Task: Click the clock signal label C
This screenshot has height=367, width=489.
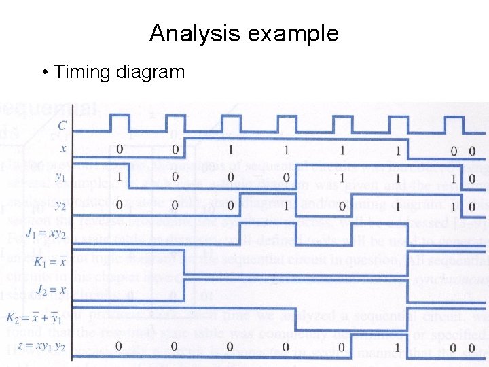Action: coord(62,125)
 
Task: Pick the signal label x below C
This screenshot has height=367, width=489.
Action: coord(62,149)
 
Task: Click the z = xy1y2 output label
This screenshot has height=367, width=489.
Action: coord(45,347)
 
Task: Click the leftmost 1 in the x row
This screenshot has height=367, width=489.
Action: coord(230,150)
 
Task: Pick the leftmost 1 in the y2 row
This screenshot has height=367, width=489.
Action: coord(287,205)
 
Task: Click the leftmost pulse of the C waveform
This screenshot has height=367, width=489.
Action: coord(120,122)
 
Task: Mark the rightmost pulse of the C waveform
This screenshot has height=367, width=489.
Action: coord(454,122)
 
